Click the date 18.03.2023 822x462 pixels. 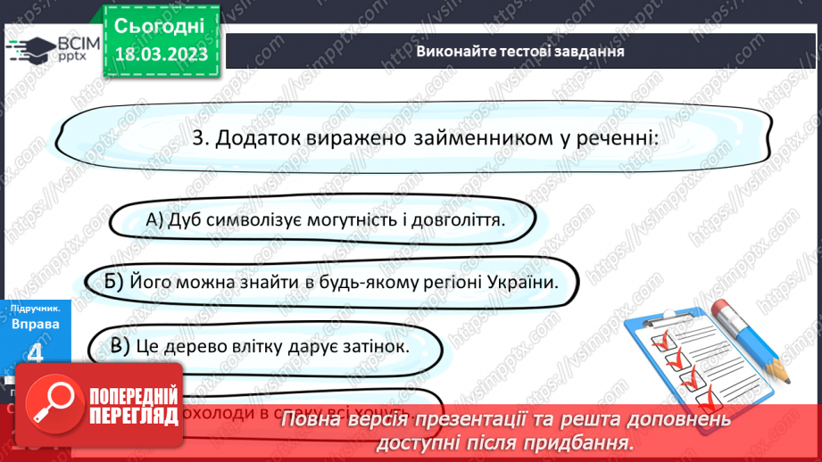161,54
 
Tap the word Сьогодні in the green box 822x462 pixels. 161,24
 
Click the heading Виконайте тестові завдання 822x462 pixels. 520,51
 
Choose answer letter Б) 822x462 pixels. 112,282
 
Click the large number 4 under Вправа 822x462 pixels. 35,354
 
